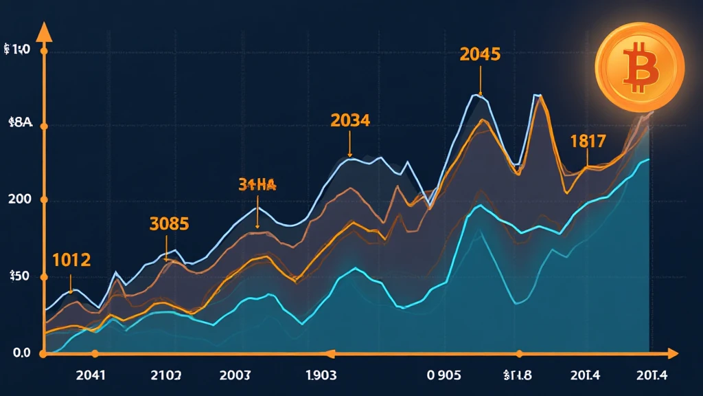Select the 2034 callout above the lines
tap(350, 120)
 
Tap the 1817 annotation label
tap(588, 142)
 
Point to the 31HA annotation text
tap(257, 184)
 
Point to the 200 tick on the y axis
tap(19, 200)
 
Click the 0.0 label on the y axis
tap(17, 353)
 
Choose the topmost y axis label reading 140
tap(18, 50)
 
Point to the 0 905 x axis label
tap(443, 376)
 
